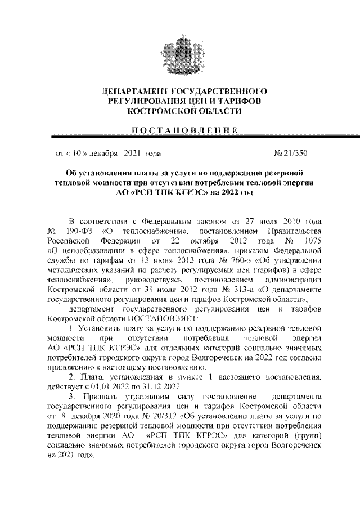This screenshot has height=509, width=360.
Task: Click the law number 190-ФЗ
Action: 83,232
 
